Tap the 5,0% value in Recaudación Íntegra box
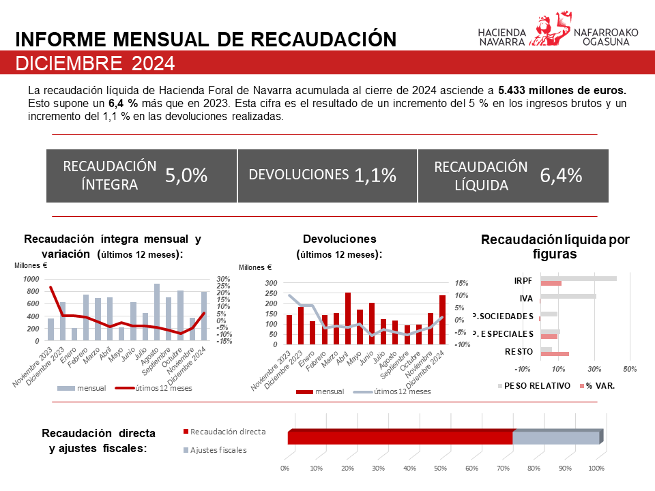coord(186,176)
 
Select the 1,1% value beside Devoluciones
coord(375,175)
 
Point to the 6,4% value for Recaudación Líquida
coord(561,175)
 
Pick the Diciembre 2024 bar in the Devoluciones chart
coord(442,320)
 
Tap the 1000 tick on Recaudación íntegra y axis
coord(31,279)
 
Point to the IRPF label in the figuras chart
coord(523,280)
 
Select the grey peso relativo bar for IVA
coord(568,296)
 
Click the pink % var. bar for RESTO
coord(555,354)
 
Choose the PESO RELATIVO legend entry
coord(543,385)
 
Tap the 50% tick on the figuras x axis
coord(630,370)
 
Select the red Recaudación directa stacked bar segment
coord(400,437)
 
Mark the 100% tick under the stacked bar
coord(596,469)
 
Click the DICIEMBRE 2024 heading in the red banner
coord(95,63)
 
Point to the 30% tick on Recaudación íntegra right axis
coord(223,279)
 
